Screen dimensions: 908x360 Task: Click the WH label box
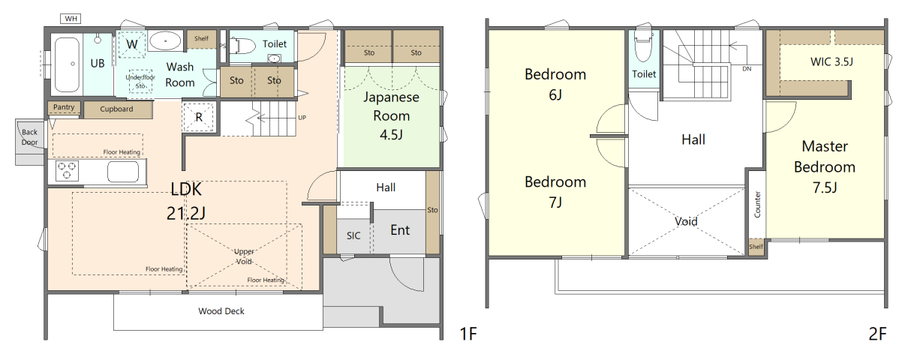(71, 19)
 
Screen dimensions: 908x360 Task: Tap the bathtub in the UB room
(67, 64)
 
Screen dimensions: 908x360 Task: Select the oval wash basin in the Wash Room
(165, 41)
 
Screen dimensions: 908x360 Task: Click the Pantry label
(64, 107)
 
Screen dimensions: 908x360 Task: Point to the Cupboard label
(116, 109)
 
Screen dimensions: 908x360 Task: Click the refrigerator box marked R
(199, 117)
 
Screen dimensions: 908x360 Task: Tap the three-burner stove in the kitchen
(67, 171)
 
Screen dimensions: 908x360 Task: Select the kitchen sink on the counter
(126, 172)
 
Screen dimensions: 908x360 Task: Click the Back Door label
(29, 137)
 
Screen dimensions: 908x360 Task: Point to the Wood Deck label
(221, 311)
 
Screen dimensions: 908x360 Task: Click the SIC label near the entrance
(353, 235)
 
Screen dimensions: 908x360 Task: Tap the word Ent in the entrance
(400, 230)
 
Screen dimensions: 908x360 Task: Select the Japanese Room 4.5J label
(391, 115)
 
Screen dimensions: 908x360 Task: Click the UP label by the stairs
(302, 118)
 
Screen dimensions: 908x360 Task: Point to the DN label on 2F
(747, 69)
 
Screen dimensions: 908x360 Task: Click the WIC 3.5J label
(831, 62)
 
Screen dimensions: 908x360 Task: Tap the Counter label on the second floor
(757, 204)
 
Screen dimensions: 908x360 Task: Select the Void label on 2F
(686, 221)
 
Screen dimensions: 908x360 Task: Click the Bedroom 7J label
(555, 192)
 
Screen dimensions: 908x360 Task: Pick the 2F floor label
(877, 334)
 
